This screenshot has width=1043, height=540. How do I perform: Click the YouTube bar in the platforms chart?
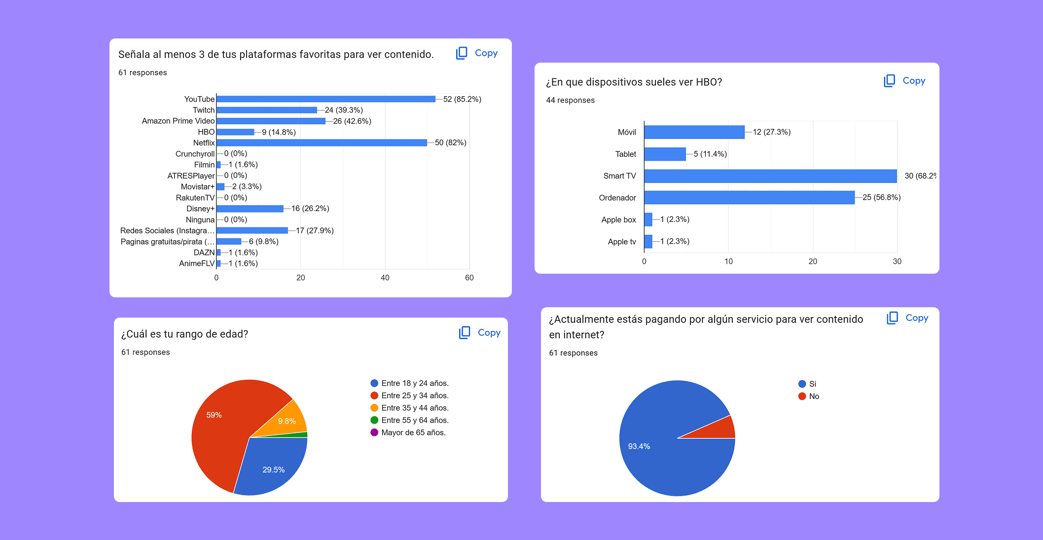[325, 99]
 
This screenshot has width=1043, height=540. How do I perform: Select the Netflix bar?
[322, 143]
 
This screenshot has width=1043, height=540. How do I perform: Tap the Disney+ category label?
[200, 209]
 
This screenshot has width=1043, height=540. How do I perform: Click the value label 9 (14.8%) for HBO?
[279, 132]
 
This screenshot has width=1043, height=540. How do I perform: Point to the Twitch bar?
[266, 110]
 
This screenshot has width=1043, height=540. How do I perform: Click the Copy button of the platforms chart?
[477, 53]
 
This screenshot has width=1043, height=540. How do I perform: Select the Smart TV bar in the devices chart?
[770, 176]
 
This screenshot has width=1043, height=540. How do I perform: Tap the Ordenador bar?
[749, 198]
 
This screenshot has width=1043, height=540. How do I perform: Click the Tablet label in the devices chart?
[625, 154]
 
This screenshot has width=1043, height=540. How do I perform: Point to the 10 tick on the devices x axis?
[728, 261]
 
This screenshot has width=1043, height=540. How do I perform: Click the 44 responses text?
[570, 100]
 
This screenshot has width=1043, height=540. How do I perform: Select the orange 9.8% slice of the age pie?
[288, 420]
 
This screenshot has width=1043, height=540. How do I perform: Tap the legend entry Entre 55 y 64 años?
[414, 420]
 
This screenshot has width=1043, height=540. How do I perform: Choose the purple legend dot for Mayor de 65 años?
[374, 432]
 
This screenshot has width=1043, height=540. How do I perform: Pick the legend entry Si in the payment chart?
[812, 384]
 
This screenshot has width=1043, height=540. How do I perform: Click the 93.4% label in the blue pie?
[639, 446]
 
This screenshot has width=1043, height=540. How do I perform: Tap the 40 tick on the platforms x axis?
[385, 278]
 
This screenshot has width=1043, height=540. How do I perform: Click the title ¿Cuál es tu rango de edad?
[184, 334]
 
